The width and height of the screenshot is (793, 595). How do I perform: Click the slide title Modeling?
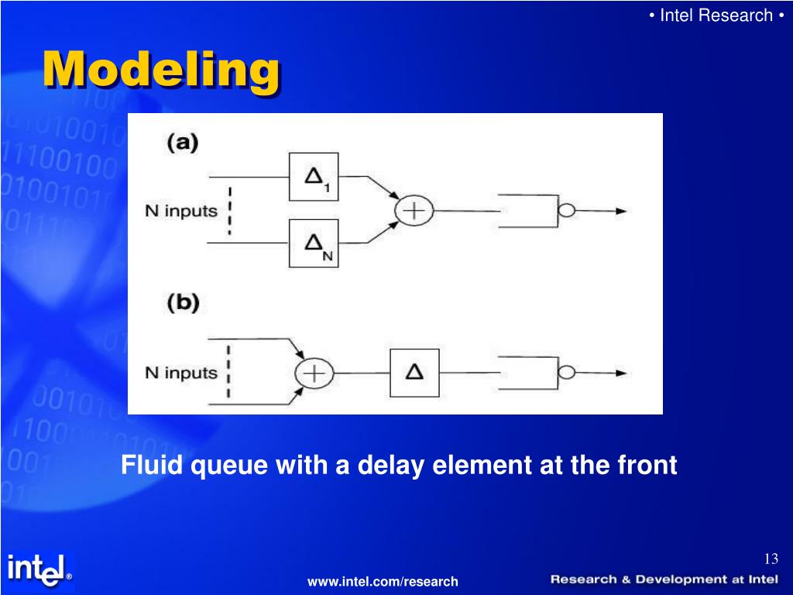[x=160, y=71]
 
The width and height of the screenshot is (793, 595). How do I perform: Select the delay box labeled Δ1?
[x=314, y=177]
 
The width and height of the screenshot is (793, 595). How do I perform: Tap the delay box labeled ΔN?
[x=314, y=243]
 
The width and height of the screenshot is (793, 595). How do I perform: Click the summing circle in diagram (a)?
[x=414, y=210]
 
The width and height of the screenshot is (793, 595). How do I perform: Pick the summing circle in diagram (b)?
[x=314, y=373]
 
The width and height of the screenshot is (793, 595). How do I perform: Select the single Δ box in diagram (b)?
[x=414, y=373]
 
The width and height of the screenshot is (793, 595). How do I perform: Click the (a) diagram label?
[x=183, y=143]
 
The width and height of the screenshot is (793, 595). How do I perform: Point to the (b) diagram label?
[x=183, y=303]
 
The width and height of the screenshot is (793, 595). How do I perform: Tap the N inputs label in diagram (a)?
[x=181, y=211]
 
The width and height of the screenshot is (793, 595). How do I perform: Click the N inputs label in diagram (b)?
[x=181, y=373]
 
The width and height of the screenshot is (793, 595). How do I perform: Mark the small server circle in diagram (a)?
[x=568, y=210]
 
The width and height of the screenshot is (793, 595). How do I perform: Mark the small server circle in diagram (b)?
[x=568, y=373]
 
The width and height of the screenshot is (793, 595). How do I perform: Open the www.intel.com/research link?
[x=383, y=581]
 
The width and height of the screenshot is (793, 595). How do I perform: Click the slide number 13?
[x=770, y=559]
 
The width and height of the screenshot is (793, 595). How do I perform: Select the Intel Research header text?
[x=716, y=15]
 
